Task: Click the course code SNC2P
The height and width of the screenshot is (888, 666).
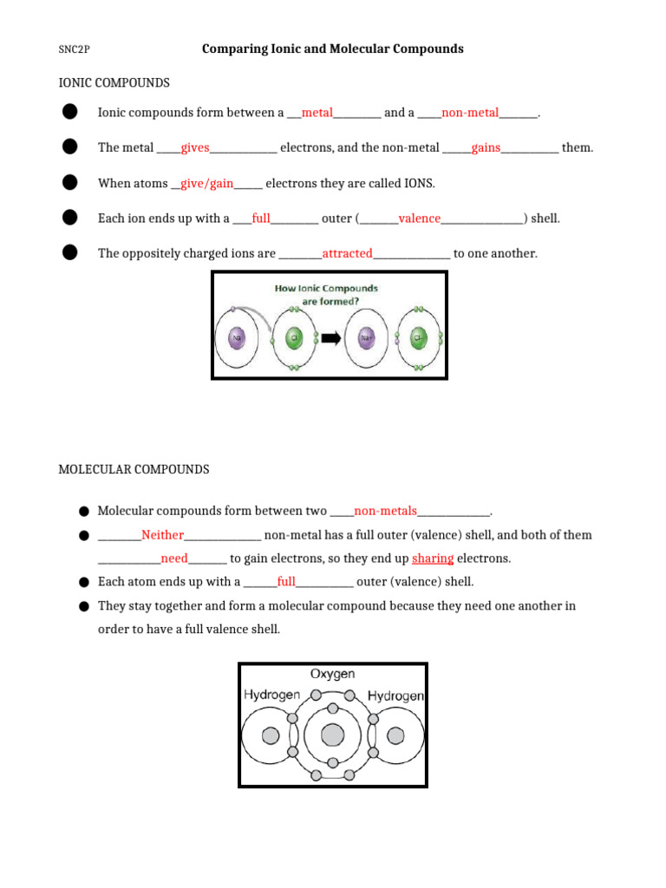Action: point(74,50)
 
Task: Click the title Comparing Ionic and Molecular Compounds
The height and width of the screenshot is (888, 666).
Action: point(332,49)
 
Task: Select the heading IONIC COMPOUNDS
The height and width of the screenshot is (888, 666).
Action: point(114,83)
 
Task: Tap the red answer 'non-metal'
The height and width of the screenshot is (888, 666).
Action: point(470,113)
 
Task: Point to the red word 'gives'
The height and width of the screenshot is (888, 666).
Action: point(195,148)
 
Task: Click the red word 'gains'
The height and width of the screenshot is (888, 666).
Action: point(486,148)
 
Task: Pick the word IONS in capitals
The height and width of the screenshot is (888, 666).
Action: point(420,184)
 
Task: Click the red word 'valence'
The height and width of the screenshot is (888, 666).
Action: point(419,219)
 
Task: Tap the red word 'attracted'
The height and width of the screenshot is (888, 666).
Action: point(347,254)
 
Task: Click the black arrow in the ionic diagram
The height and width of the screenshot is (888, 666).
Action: point(331,339)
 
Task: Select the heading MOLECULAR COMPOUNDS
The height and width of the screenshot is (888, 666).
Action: point(134,470)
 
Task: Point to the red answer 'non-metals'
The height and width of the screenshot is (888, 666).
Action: point(385,511)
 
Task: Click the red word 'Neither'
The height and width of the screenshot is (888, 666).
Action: point(162,535)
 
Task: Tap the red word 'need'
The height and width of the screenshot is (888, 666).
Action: point(174,558)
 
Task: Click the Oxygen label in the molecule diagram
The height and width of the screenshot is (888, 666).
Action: point(332,675)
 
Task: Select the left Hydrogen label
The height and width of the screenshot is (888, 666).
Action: point(271,695)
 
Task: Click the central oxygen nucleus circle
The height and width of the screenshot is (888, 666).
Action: point(332,735)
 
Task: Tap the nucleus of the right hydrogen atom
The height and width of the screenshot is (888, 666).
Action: point(395,735)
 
